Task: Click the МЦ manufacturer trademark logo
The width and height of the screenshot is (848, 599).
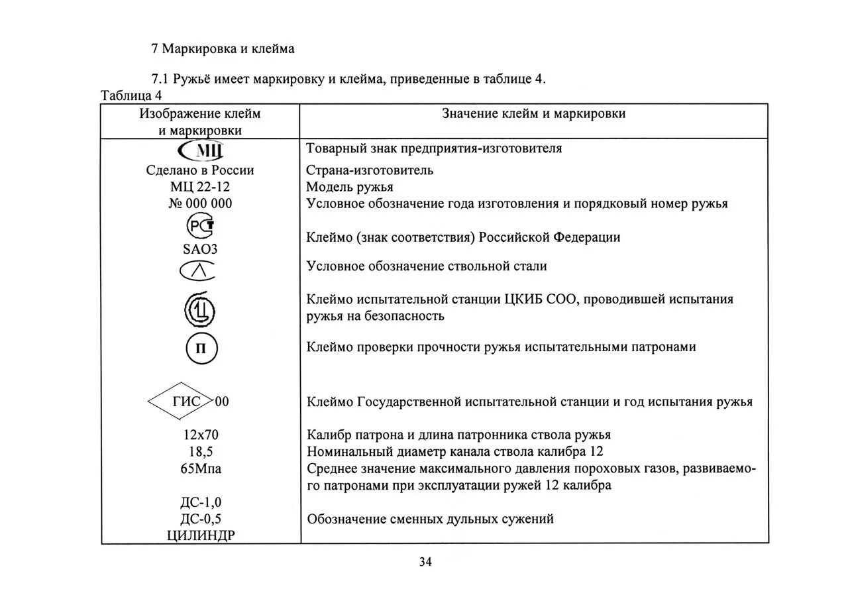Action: coord(200,149)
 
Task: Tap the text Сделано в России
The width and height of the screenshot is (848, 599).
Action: coord(200,170)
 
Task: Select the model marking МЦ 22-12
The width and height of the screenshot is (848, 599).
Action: coord(200,187)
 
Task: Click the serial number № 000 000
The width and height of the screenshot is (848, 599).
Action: coord(200,203)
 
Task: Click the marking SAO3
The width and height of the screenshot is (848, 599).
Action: coord(200,250)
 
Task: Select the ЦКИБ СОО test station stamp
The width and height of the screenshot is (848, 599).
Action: coord(200,309)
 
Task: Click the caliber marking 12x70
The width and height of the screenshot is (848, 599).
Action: coord(200,435)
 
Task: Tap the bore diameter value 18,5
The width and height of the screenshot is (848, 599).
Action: coord(200,452)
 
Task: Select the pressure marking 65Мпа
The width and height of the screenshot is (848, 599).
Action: coord(200,469)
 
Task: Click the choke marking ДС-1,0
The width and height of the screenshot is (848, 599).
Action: coord(200,502)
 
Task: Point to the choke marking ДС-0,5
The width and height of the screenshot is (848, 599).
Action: coord(200,519)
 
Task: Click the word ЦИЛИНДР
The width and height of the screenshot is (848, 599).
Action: coord(200,535)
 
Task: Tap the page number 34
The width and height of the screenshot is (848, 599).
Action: coord(425,563)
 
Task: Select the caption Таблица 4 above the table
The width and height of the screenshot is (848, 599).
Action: coord(131,95)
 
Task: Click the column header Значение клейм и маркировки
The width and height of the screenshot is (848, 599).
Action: coord(533,114)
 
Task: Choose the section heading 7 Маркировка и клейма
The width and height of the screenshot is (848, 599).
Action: coord(223,49)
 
